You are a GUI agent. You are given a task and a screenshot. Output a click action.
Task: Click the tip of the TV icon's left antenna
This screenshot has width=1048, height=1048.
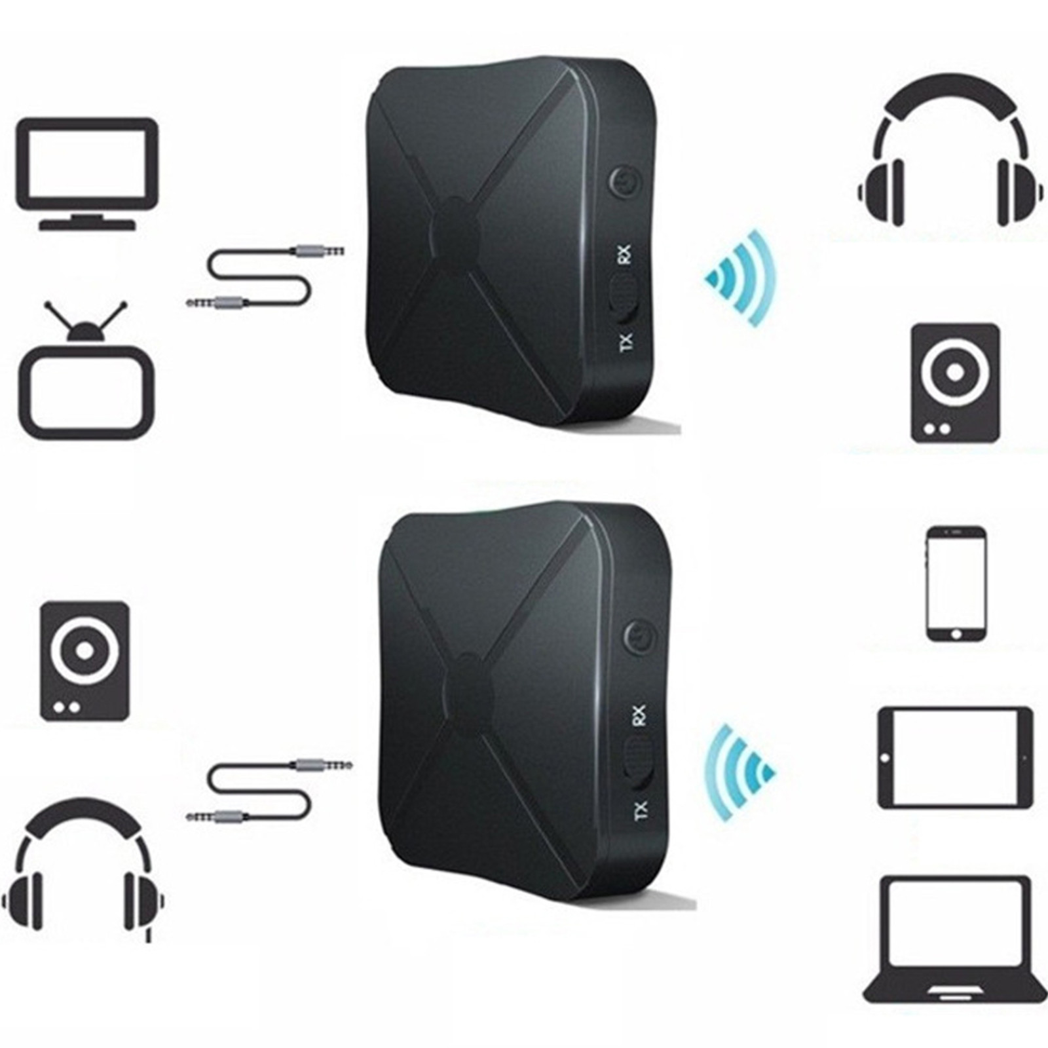(x=47, y=303)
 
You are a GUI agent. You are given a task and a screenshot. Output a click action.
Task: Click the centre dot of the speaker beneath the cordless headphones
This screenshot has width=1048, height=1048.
(x=955, y=371)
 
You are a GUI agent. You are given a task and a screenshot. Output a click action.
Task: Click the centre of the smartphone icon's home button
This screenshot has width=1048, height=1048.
(x=956, y=634)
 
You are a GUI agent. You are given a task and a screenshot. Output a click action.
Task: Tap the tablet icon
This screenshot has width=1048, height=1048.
(x=954, y=757)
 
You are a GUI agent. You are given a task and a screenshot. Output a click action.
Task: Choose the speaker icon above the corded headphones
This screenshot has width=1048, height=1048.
(x=85, y=662)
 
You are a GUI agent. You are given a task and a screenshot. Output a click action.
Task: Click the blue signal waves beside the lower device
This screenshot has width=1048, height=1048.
(x=740, y=773)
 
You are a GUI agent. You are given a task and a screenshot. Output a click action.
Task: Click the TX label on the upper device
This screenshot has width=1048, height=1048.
(x=626, y=342)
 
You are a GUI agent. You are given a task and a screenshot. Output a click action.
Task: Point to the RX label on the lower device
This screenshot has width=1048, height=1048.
(x=639, y=715)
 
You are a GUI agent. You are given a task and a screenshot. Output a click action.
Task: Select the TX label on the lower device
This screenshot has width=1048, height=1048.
(x=641, y=811)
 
